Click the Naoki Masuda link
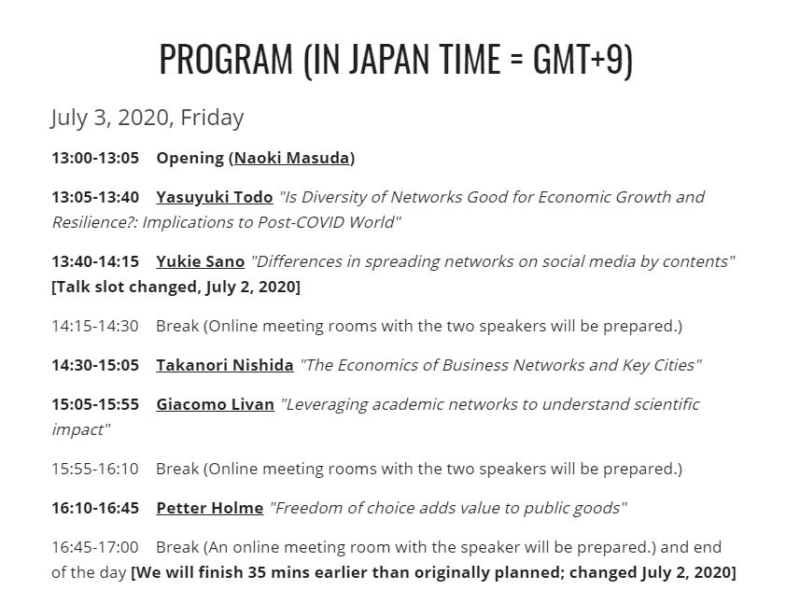(292, 158)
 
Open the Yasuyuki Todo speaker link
(215, 197)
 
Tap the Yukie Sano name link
(200, 261)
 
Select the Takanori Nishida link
(224, 365)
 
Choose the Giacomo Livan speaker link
(215, 404)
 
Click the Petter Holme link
(210, 508)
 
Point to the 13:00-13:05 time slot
(95, 158)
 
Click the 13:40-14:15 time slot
(95, 261)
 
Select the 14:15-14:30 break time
(95, 326)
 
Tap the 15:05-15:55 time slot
(95, 404)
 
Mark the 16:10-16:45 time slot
(95, 508)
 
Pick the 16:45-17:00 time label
(95, 547)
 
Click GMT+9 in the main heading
(578, 59)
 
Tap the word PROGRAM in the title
(226, 59)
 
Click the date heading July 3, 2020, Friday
(147, 118)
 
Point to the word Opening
(189, 159)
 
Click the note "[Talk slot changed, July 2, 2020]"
(176, 287)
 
